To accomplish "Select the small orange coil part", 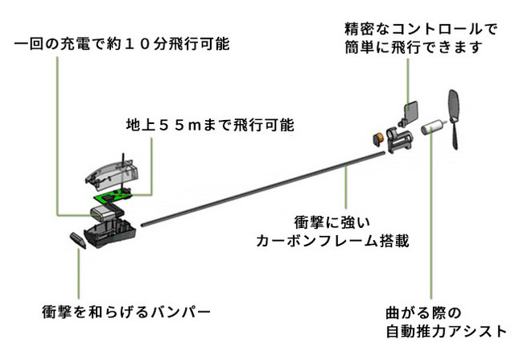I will tap(377, 137).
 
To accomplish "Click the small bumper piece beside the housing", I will tap(78, 241).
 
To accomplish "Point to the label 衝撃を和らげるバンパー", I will tap(126, 311).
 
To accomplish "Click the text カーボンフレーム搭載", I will tap(333, 240).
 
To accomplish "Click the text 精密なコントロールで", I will tap(419, 30).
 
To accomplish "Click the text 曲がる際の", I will tap(416, 312).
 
